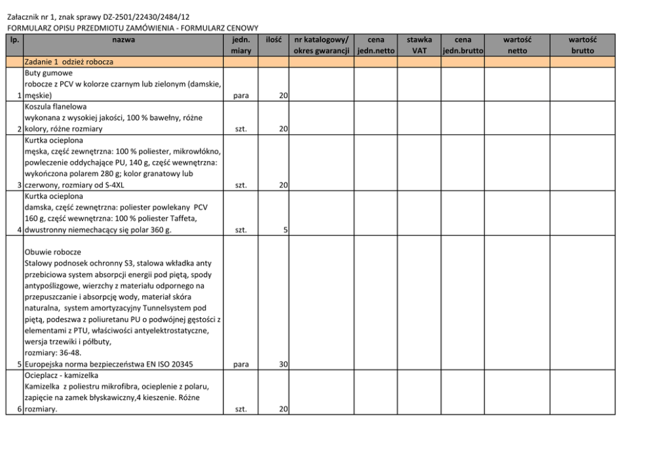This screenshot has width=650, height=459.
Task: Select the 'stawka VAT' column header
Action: coord(419,45)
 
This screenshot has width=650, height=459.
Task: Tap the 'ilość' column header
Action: coord(274,40)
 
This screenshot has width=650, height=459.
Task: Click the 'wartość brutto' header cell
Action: coord(582,45)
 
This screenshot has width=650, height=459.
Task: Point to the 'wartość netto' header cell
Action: coord(516,45)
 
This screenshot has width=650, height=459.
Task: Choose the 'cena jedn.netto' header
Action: coord(376,45)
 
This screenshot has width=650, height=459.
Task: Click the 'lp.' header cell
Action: coord(14,40)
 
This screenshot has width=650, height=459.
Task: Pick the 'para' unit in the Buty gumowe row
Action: coord(240,96)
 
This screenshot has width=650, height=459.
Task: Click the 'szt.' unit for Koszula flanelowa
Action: coord(240,130)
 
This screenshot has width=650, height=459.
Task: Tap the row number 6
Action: coord(20,409)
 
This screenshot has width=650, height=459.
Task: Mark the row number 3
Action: coord(20,185)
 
